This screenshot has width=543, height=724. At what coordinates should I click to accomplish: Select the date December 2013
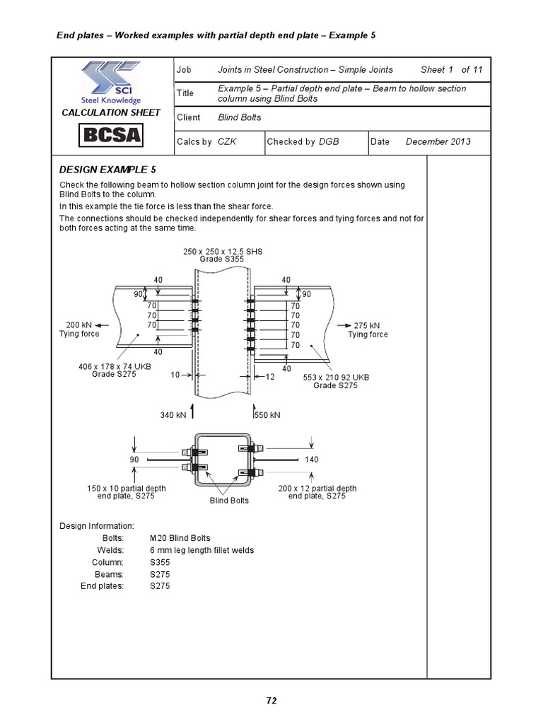coord(438,141)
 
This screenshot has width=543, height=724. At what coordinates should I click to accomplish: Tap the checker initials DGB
coord(329,141)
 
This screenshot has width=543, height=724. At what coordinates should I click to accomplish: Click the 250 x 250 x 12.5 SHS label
coord(222,252)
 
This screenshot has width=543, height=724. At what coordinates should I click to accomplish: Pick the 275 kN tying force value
coord(368,325)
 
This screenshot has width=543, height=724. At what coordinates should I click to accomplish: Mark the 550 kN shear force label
coord(268,415)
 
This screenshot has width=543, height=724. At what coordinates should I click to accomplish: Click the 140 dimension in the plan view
coord(311,460)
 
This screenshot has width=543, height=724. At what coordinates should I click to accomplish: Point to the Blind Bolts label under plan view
coord(230,501)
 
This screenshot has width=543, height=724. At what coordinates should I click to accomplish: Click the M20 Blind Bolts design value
coord(180,538)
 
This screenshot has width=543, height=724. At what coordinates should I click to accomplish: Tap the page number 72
coord(271,701)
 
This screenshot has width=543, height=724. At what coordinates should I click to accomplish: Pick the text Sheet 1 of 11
coord(451,69)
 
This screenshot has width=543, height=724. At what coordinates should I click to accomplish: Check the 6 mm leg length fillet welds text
coord(202,550)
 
